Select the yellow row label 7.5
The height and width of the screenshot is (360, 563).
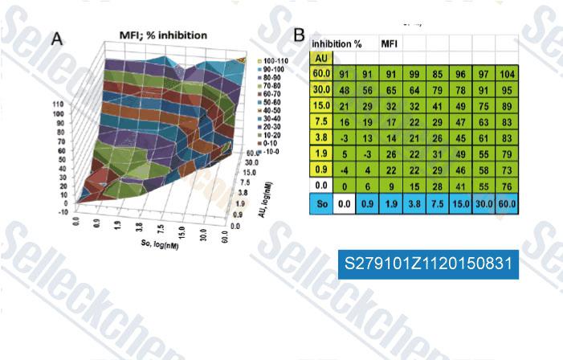(321, 123)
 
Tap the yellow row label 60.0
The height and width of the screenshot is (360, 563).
(321, 75)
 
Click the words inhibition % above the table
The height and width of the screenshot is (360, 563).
(338, 43)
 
